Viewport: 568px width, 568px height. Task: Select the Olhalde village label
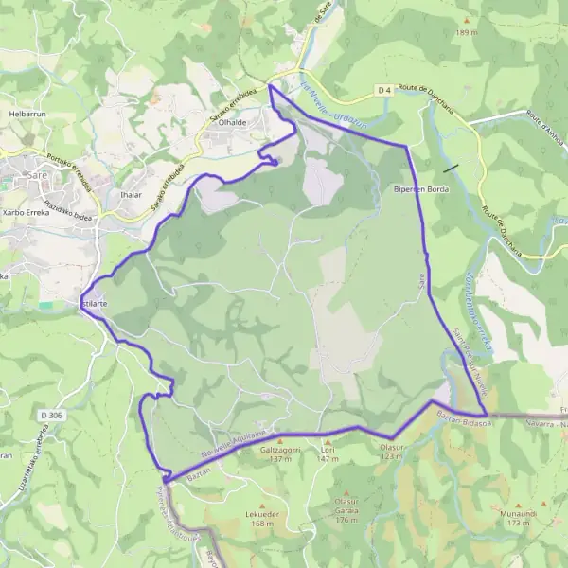[233, 123]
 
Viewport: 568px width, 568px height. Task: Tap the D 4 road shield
[383, 90]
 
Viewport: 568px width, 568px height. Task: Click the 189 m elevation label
[467, 32]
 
